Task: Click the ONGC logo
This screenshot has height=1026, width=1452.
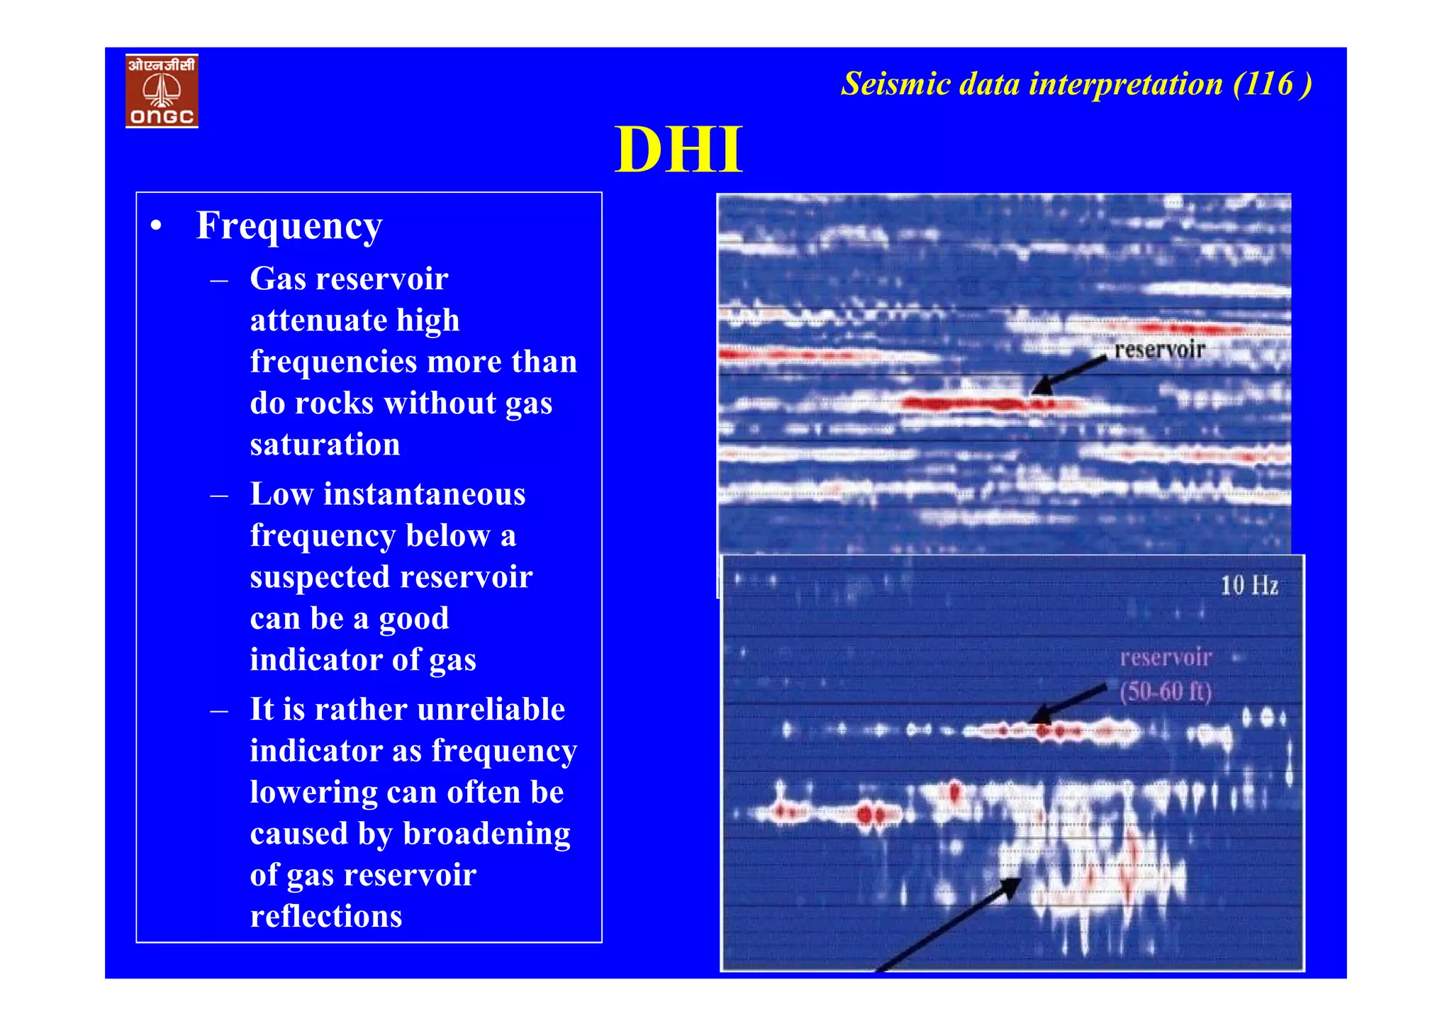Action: click(162, 91)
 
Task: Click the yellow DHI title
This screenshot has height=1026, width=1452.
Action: click(678, 150)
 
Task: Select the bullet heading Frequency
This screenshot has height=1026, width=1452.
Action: click(289, 225)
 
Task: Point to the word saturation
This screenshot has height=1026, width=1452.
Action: click(325, 445)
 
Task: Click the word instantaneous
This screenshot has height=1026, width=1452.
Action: click(424, 494)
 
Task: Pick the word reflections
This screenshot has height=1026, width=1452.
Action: click(325, 916)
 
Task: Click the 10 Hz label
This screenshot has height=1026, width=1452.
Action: click(1249, 586)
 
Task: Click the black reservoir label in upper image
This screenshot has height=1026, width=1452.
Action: click(1159, 350)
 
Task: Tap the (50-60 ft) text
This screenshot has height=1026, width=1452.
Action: click(1165, 691)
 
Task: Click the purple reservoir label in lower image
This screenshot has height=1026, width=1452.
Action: click(1165, 657)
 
